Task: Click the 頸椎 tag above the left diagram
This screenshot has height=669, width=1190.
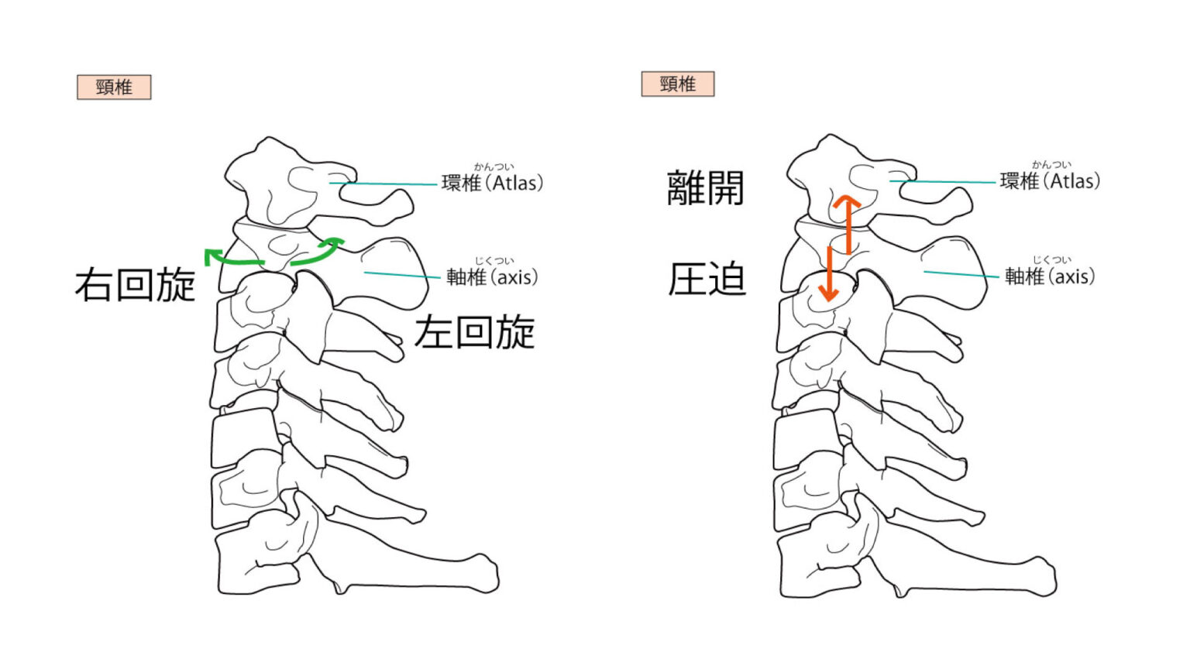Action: click(114, 87)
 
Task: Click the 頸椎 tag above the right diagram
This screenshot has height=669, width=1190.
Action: click(677, 84)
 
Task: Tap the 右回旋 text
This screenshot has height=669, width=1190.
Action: click(135, 285)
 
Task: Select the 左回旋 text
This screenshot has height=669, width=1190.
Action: click(474, 333)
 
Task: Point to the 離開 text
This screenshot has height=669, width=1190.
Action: click(705, 188)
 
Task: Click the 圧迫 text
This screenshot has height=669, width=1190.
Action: click(707, 280)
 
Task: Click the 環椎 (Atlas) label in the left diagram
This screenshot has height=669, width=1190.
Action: click(492, 183)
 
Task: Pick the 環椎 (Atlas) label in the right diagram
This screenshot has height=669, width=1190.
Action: click(1050, 181)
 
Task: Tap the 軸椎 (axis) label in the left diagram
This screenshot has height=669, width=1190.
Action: click(492, 277)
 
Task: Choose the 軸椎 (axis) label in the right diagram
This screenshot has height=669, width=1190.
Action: click(1050, 276)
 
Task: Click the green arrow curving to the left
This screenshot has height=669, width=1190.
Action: click(232, 259)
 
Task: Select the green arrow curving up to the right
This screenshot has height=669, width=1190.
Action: click(318, 252)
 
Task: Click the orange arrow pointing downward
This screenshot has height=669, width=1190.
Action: click(828, 275)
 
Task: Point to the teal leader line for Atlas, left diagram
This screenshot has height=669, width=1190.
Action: click(387, 184)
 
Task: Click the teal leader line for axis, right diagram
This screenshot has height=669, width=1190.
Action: click(961, 274)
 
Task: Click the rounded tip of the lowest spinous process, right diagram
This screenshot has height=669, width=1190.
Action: click(1046, 576)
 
